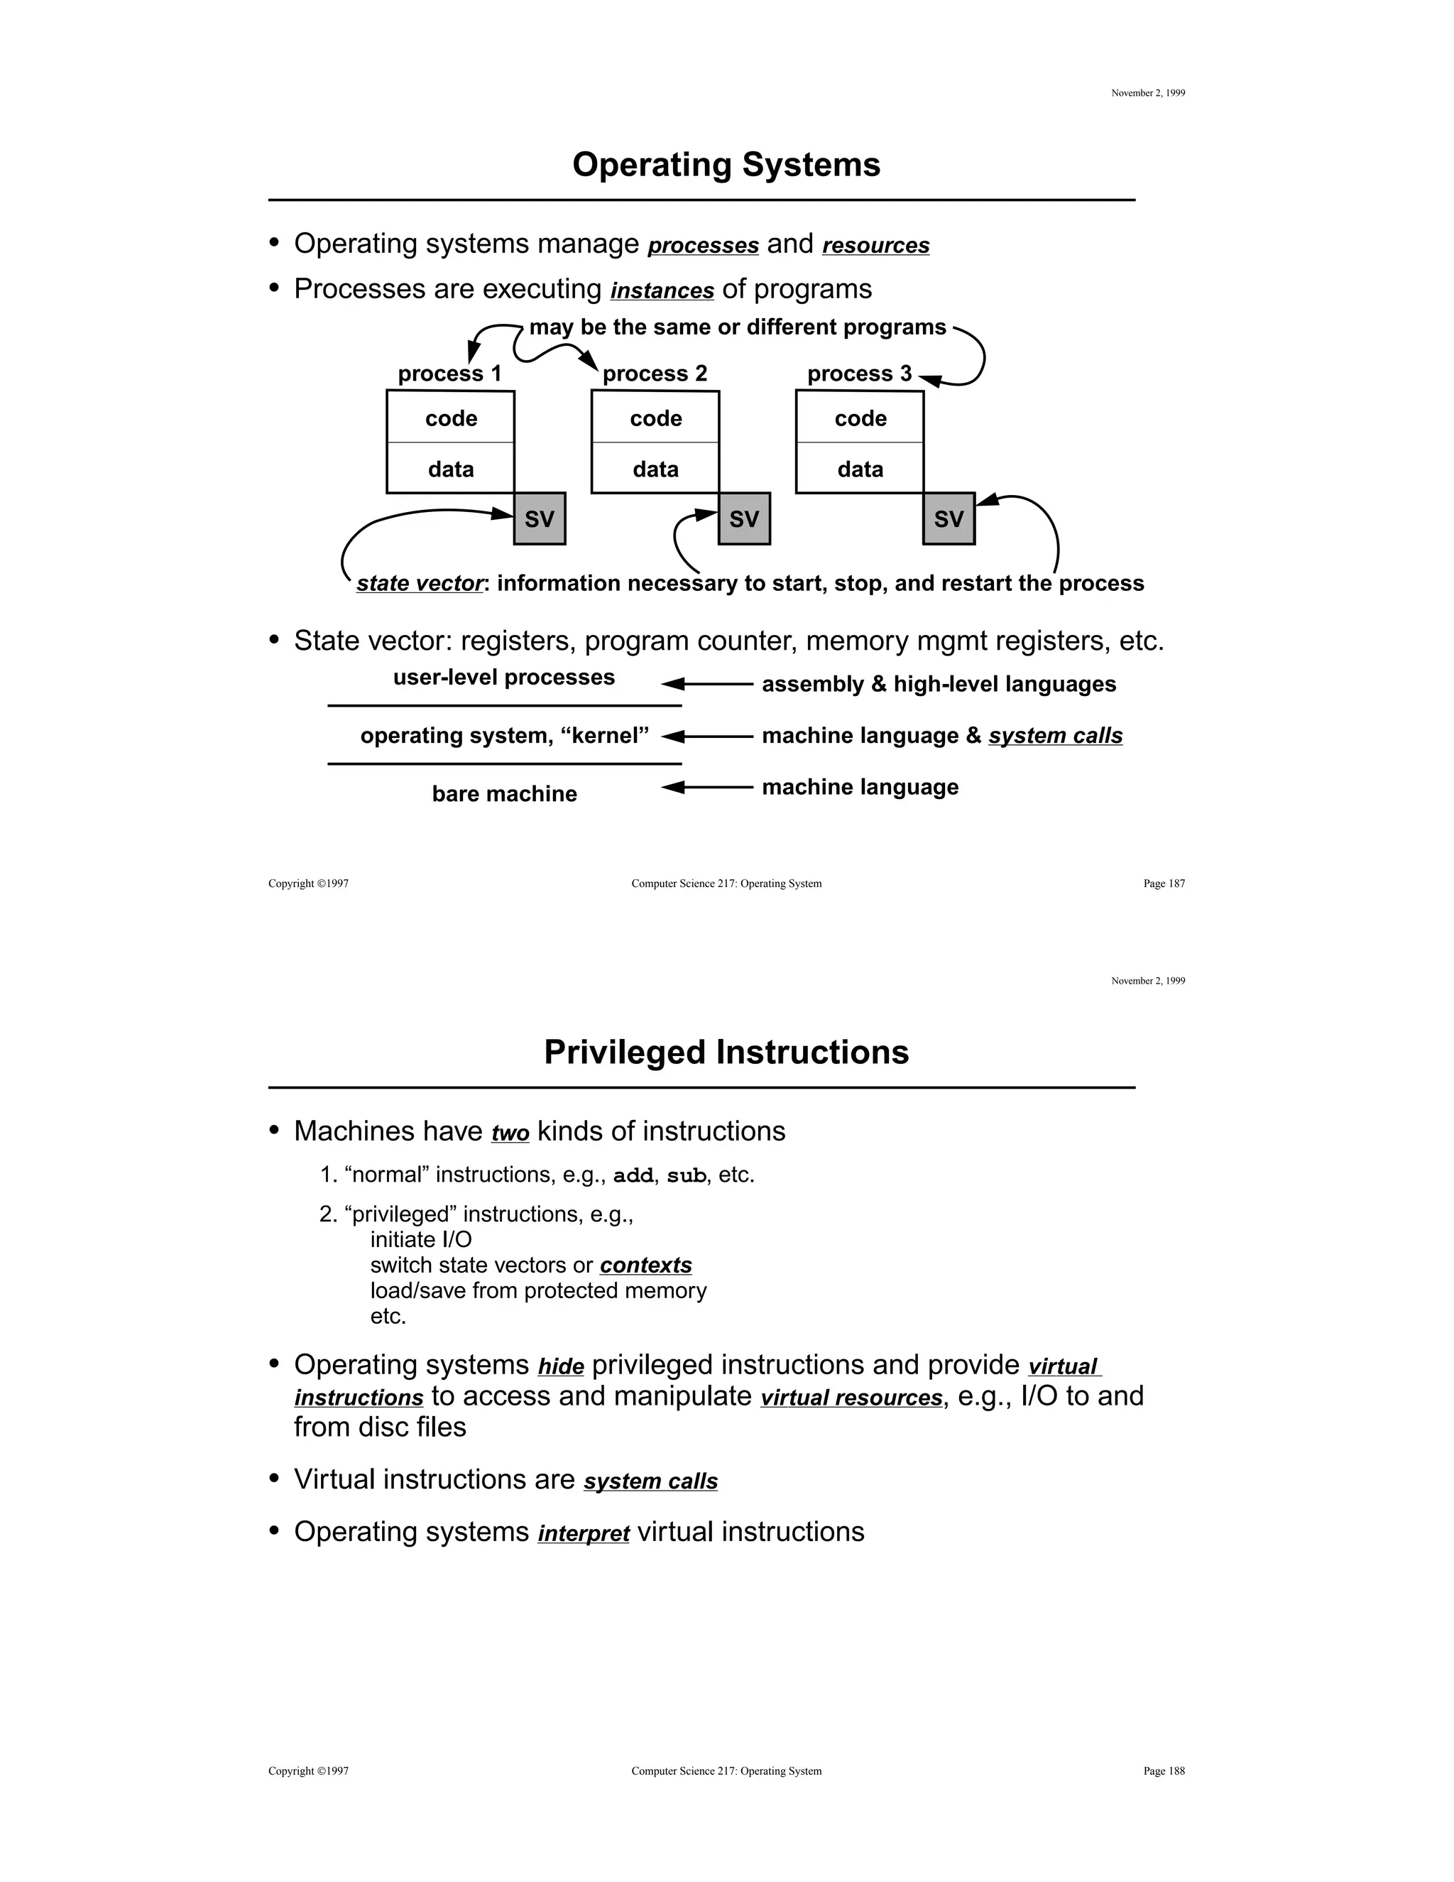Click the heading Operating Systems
[x=726, y=165]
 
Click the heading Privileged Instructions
[x=726, y=1052]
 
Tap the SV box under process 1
[x=540, y=518]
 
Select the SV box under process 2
[x=744, y=518]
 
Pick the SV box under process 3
[x=949, y=518]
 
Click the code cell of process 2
[x=655, y=418]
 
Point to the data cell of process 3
[x=860, y=469]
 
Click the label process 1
[x=449, y=373]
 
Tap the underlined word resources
[x=875, y=246]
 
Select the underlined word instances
[x=662, y=290]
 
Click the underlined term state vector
[x=420, y=583]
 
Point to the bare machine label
[x=504, y=794]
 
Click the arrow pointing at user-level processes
[x=706, y=684]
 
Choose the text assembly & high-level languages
[x=938, y=684]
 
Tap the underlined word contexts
[x=645, y=1265]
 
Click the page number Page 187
[x=1164, y=883]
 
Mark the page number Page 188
[x=1164, y=1771]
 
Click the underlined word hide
[x=561, y=1366]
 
